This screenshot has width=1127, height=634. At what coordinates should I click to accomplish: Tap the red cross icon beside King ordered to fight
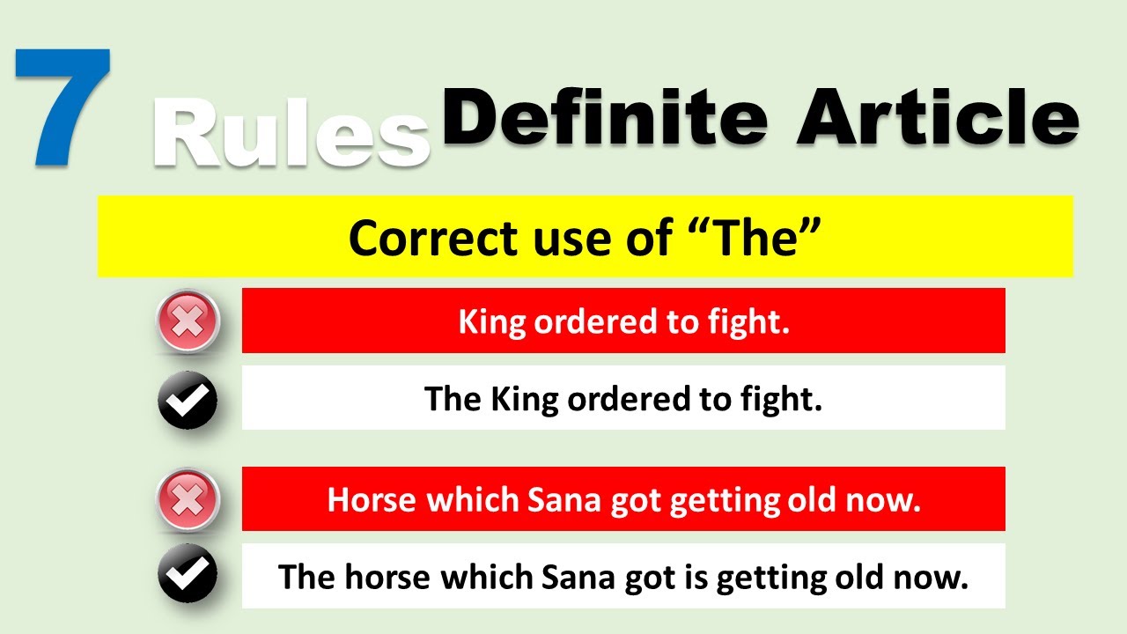point(188,322)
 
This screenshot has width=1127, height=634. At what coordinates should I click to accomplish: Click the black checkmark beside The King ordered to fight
point(188,400)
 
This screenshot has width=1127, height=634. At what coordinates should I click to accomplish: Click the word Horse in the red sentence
point(371,500)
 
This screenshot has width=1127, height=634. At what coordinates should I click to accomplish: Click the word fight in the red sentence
point(758,322)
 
